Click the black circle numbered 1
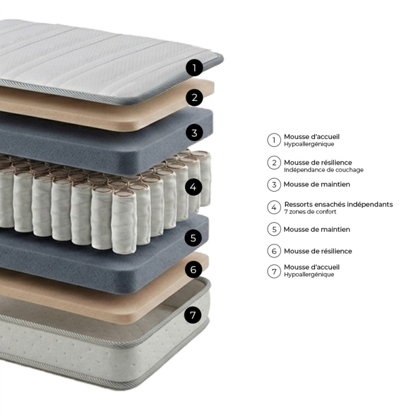tap(194, 68)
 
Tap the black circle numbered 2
tap(195, 97)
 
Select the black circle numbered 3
tap(194, 133)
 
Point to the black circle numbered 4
tap(193, 187)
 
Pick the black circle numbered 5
tap(193, 238)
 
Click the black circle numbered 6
tap(193, 269)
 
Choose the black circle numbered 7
tap(193, 315)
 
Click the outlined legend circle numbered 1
tap(274, 140)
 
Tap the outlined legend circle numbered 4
tap(274, 207)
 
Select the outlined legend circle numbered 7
tap(274, 271)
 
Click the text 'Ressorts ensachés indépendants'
tap(339, 204)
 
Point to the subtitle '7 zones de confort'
tap(310, 212)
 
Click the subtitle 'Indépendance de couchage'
tap(323, 170)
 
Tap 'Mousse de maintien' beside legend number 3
tap(317, 184)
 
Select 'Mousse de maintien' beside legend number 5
tap(317, 229)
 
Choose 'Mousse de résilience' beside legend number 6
tap(318, 251)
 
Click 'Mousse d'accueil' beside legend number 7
tap(311, 267)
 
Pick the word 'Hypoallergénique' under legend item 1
tap(309, 144)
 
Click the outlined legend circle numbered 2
tap(274, 163)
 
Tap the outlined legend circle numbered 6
tap(274, 251)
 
